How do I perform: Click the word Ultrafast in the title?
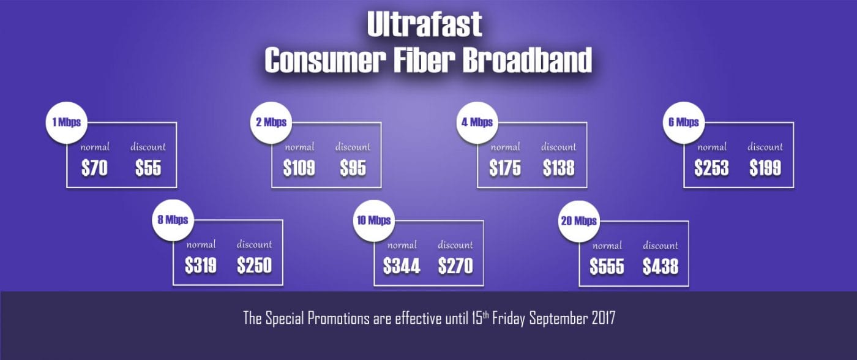(424, 24)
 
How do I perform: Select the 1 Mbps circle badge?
(67, 122)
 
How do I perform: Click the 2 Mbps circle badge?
(271, 122)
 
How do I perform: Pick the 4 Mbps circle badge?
(477, 122)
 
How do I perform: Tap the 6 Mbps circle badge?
(684, 122)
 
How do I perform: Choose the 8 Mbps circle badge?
(173, 220)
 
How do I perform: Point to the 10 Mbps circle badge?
(374, 221)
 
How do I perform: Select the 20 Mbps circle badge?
(579, 221)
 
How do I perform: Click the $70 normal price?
(94, 168)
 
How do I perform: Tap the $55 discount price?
(148, 168)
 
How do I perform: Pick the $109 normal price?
(299, 168)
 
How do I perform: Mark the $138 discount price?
(558, 168)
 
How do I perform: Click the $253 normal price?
(711, 168)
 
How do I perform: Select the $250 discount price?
(255, 266)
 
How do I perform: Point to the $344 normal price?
(402, 266)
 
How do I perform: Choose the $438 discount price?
(661, 267)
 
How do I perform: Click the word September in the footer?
(558, 319)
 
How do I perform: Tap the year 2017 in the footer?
(604, 318)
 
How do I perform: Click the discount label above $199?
(765, 147)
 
